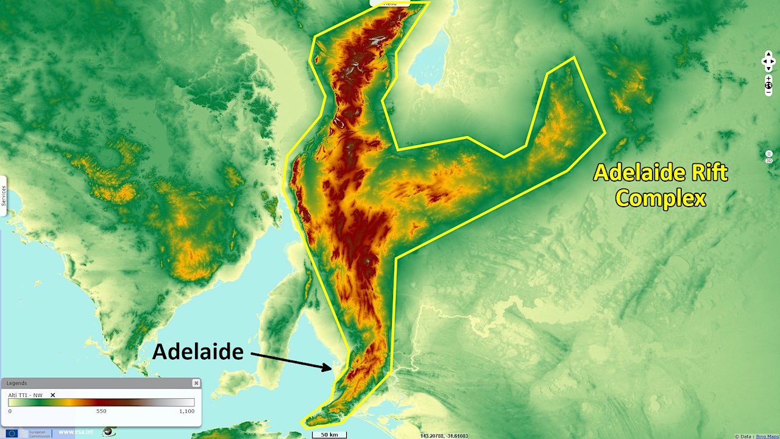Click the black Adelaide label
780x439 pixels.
[197, 351]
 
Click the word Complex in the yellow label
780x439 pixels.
[661, 198]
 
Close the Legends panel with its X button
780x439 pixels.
[196, 383]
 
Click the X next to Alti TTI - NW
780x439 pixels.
[52, 395]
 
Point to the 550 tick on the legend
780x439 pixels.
[101, 411]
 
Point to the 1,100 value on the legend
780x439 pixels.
[186, 411]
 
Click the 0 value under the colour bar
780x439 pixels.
[10, 411]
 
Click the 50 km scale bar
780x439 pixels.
[329, 435]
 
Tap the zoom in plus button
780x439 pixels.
[768, 78]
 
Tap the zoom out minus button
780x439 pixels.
[768, 92]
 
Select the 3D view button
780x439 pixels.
[769, 160]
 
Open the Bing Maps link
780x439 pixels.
[767, 436]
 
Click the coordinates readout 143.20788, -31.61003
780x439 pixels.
[444, 436]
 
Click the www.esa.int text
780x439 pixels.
[75, 432]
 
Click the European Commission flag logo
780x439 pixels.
[12, 433]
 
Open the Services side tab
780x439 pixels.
[3, 196]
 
